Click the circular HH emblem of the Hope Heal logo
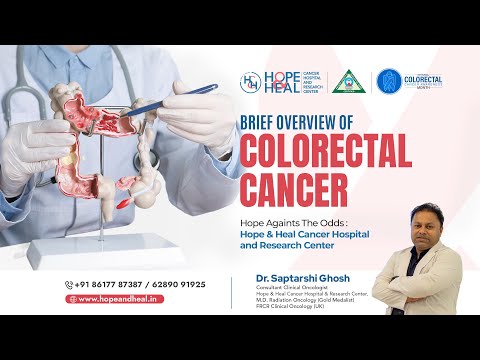click(x=251, y=80)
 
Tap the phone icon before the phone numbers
click(x=70, y=284)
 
